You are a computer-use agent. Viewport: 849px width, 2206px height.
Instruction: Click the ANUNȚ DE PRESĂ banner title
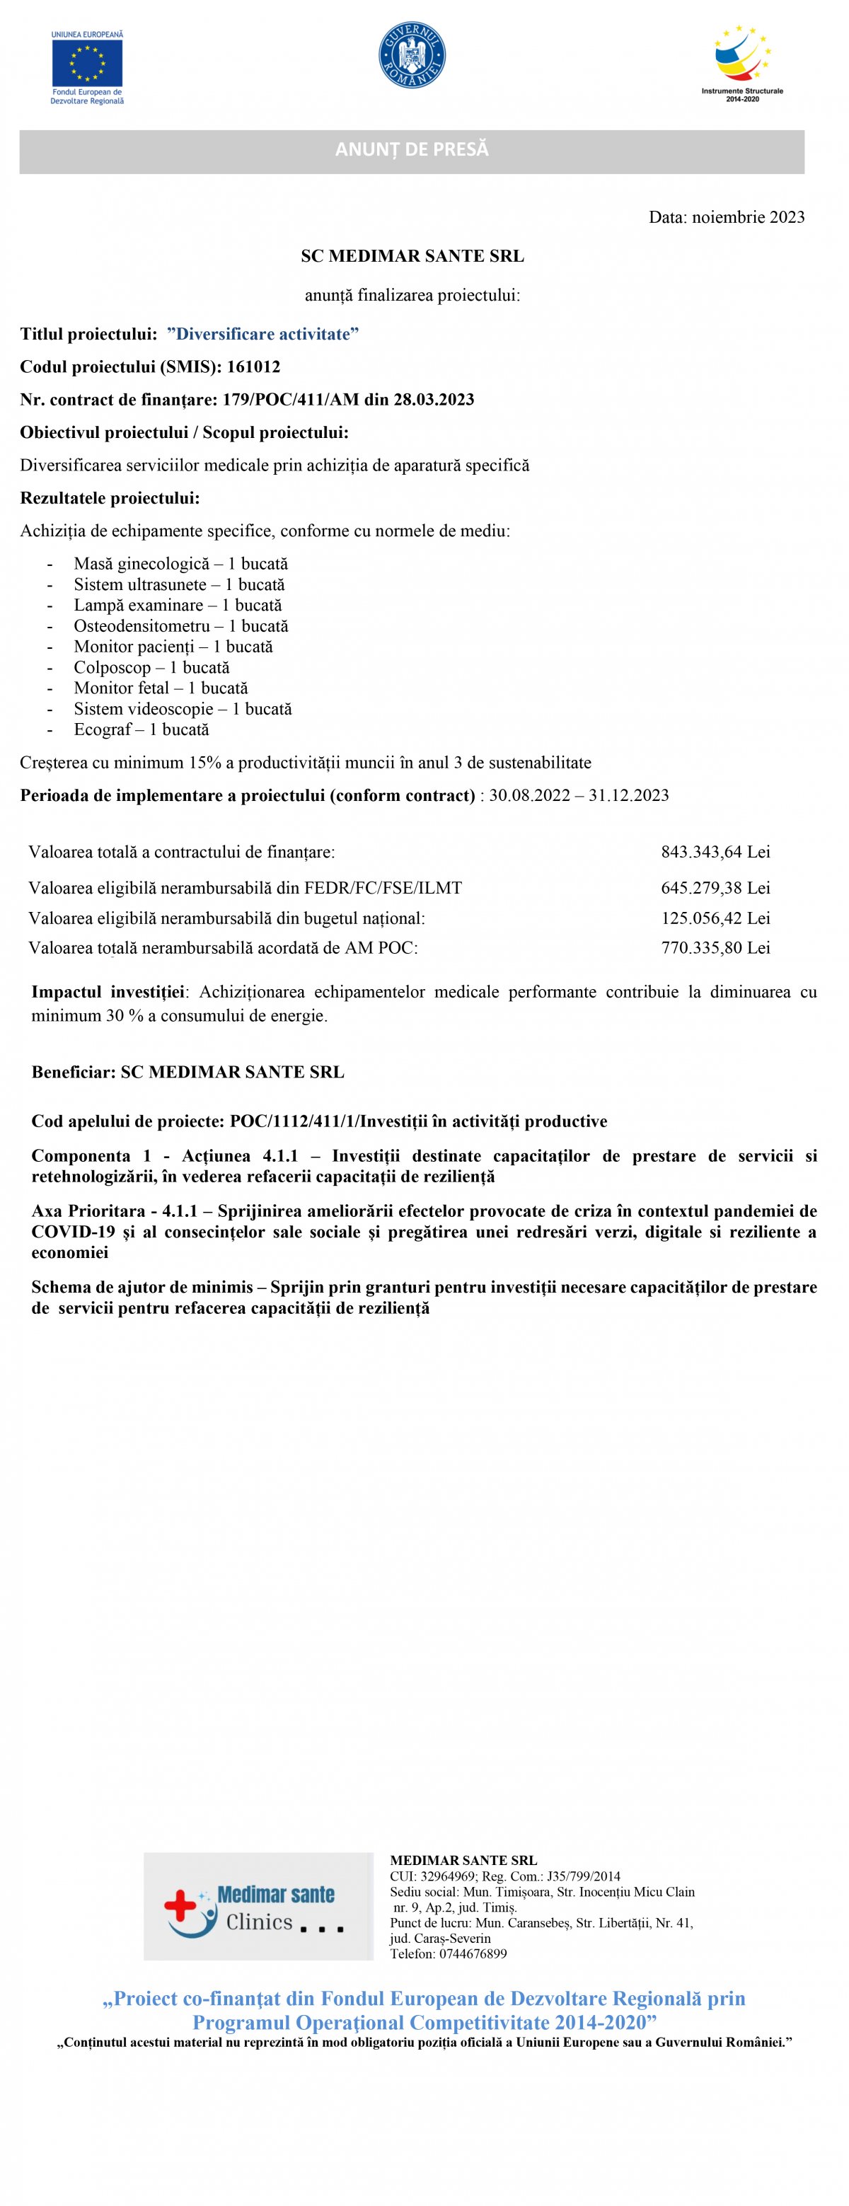pyautogui.click(x=411, y=150)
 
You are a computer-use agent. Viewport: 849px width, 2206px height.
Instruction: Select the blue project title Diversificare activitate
pyautogui.click(x=263, y=335)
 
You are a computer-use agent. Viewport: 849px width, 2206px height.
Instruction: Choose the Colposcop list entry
pyautogui.click(x=112, y=668)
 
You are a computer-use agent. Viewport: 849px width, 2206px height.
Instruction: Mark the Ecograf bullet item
pyautogui.click(x=103, y=729)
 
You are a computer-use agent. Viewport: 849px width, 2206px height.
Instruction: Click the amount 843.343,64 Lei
pyautogui.click(x=715, y=852)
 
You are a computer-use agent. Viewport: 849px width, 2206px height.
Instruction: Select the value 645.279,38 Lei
pyautogui.click(x=715, y=888)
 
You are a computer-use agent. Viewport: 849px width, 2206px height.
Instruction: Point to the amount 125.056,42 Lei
pyautogui.click(x=715, y=918)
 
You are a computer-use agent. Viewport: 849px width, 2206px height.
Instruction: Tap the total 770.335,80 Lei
pyautogui.click(x=715, y=948)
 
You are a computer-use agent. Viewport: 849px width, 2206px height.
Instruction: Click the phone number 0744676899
pyautogui.click(x=470, y=1954)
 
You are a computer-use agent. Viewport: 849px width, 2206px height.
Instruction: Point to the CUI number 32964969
pyautogui.click(x=448, y=1876)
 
